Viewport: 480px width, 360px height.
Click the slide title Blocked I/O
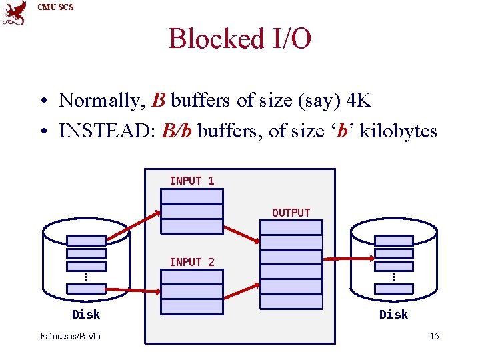[239, 39]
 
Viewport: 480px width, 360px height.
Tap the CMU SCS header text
[55, 7]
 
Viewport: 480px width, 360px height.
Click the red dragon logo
[15, 13]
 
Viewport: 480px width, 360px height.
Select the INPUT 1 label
[192, 181]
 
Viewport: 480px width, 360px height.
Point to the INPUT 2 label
[192, 262]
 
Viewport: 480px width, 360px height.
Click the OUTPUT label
[291, 213]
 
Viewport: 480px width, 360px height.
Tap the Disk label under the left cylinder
[86, 314]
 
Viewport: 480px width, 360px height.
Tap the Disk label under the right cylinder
[393, 314]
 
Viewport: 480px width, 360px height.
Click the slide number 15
[434, 336]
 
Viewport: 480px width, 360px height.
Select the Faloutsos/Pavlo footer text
[71, 336]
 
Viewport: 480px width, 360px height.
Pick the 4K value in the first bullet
[359, 101]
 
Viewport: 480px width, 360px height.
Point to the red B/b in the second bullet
[177, 131]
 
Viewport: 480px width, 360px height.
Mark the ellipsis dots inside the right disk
[393, 276]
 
